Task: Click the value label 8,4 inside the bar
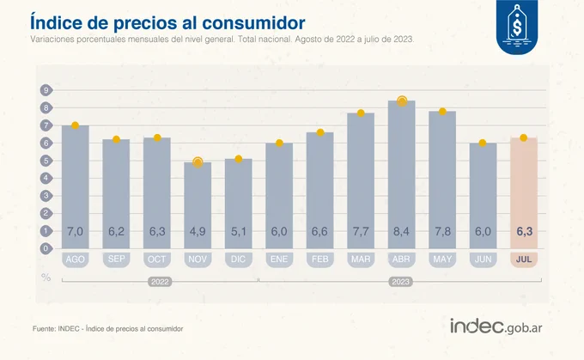click(401, 231)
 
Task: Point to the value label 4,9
click(198, 231)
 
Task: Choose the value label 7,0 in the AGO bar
click(75, 231)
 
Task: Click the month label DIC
click(238, 259)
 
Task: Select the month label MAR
click(361, 259)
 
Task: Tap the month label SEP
click(116, 259)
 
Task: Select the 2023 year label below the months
click(401, 281)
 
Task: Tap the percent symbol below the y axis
click(46, 276)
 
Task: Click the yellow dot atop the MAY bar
click(442, 112)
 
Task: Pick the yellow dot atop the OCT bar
click(157, 137)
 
